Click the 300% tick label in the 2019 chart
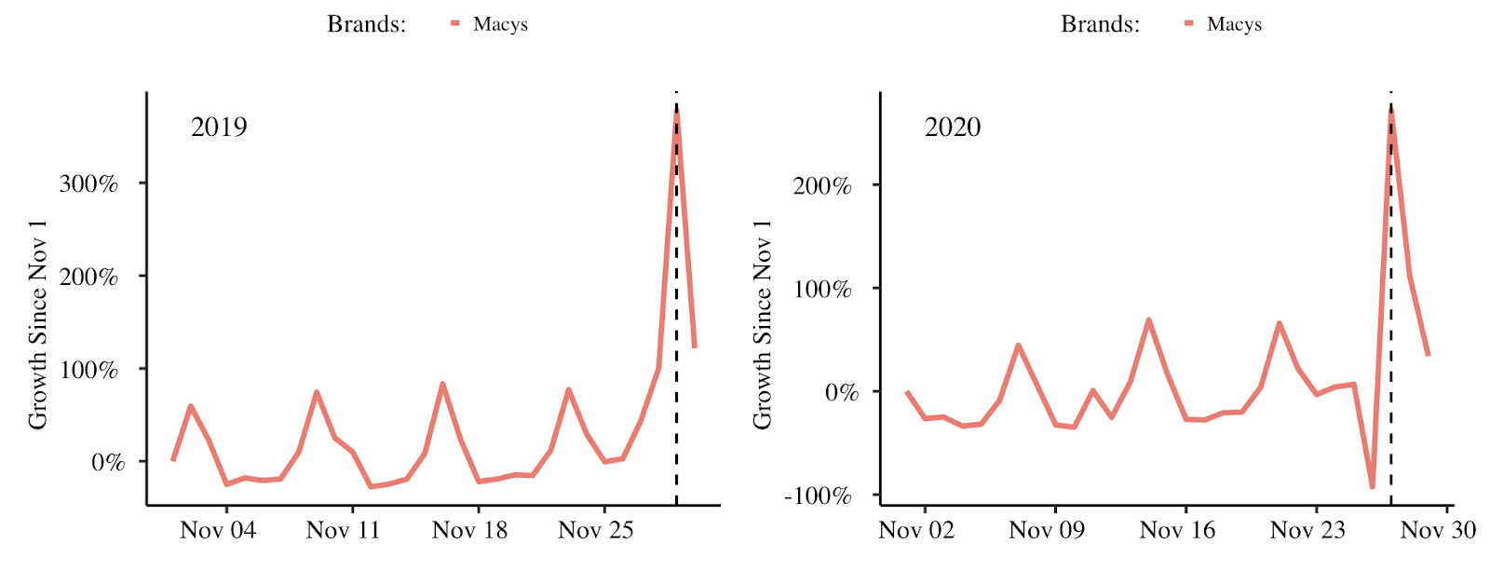point(88,183)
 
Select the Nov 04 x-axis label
point(218,530)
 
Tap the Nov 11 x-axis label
point(344,530)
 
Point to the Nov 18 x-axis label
point(470,530)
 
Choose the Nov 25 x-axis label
point(596,530)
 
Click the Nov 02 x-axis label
point(916,530)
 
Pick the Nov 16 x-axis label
point(1177,530)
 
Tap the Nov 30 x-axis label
point(1438,530)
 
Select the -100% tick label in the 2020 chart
point(818,496)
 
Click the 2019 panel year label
point(219,127)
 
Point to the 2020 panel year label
point(953,127)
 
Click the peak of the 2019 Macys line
point(676,107)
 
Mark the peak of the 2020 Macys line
point(1390,109)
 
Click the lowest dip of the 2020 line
point(1372,486)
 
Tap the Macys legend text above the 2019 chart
point(500,24)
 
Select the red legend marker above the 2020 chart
point(1188,23)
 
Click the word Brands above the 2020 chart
point(1100,24)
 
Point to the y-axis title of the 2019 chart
point(37,325)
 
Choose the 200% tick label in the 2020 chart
point(822,185)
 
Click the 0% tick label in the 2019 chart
point(107,462)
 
